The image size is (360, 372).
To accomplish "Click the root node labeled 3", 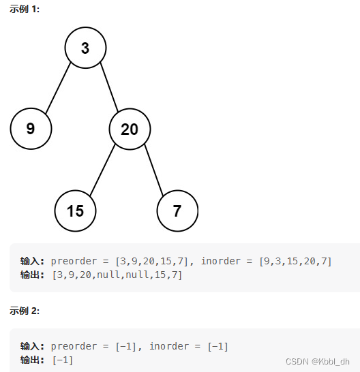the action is pyautogui.click(x=85, y=48).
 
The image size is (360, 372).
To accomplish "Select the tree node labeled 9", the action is pyautogui.click(x=31, y=129).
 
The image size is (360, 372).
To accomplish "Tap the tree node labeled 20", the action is pyautogui.click(x=130, y=129).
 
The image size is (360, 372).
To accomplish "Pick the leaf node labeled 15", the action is pyautogui.click(x=75, y=211).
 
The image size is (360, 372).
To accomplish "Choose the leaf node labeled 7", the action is pyautogui.click(x=177, y=211).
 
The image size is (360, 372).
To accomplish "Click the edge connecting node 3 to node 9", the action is pyautogui.click(x=58, y=88).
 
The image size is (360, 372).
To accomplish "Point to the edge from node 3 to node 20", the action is pyautogui.click(x=109, y=87).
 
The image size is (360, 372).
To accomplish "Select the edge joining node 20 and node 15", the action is pyautogui.click(x=102, y=170).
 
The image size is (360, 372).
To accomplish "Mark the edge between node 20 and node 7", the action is pyautogui.click(x=154, y=170).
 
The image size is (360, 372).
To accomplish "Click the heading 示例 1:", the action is pyautogui.click(x=25, y=10).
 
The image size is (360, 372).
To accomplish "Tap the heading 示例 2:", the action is pyautogui.click(x=25, y=311).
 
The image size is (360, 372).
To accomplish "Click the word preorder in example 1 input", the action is pyautogui.click(x=74, y=261).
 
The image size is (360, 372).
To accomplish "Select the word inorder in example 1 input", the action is pyautogui.click(x=221, y=261).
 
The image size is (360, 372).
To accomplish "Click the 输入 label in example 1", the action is pyautogui.click(x=32, y=261).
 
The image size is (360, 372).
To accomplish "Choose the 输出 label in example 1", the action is pyautogui.click(x=32, y=275).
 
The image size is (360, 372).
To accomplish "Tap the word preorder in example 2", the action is pyautogui.click(x=74, y=346).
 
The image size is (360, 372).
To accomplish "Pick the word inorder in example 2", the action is pyautogui.click(x=169, y=346).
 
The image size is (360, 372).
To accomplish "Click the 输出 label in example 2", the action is pyautogui.click(x=32, y=360).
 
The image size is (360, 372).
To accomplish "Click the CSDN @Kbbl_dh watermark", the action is pyautogui.click(x=318, y=362).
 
